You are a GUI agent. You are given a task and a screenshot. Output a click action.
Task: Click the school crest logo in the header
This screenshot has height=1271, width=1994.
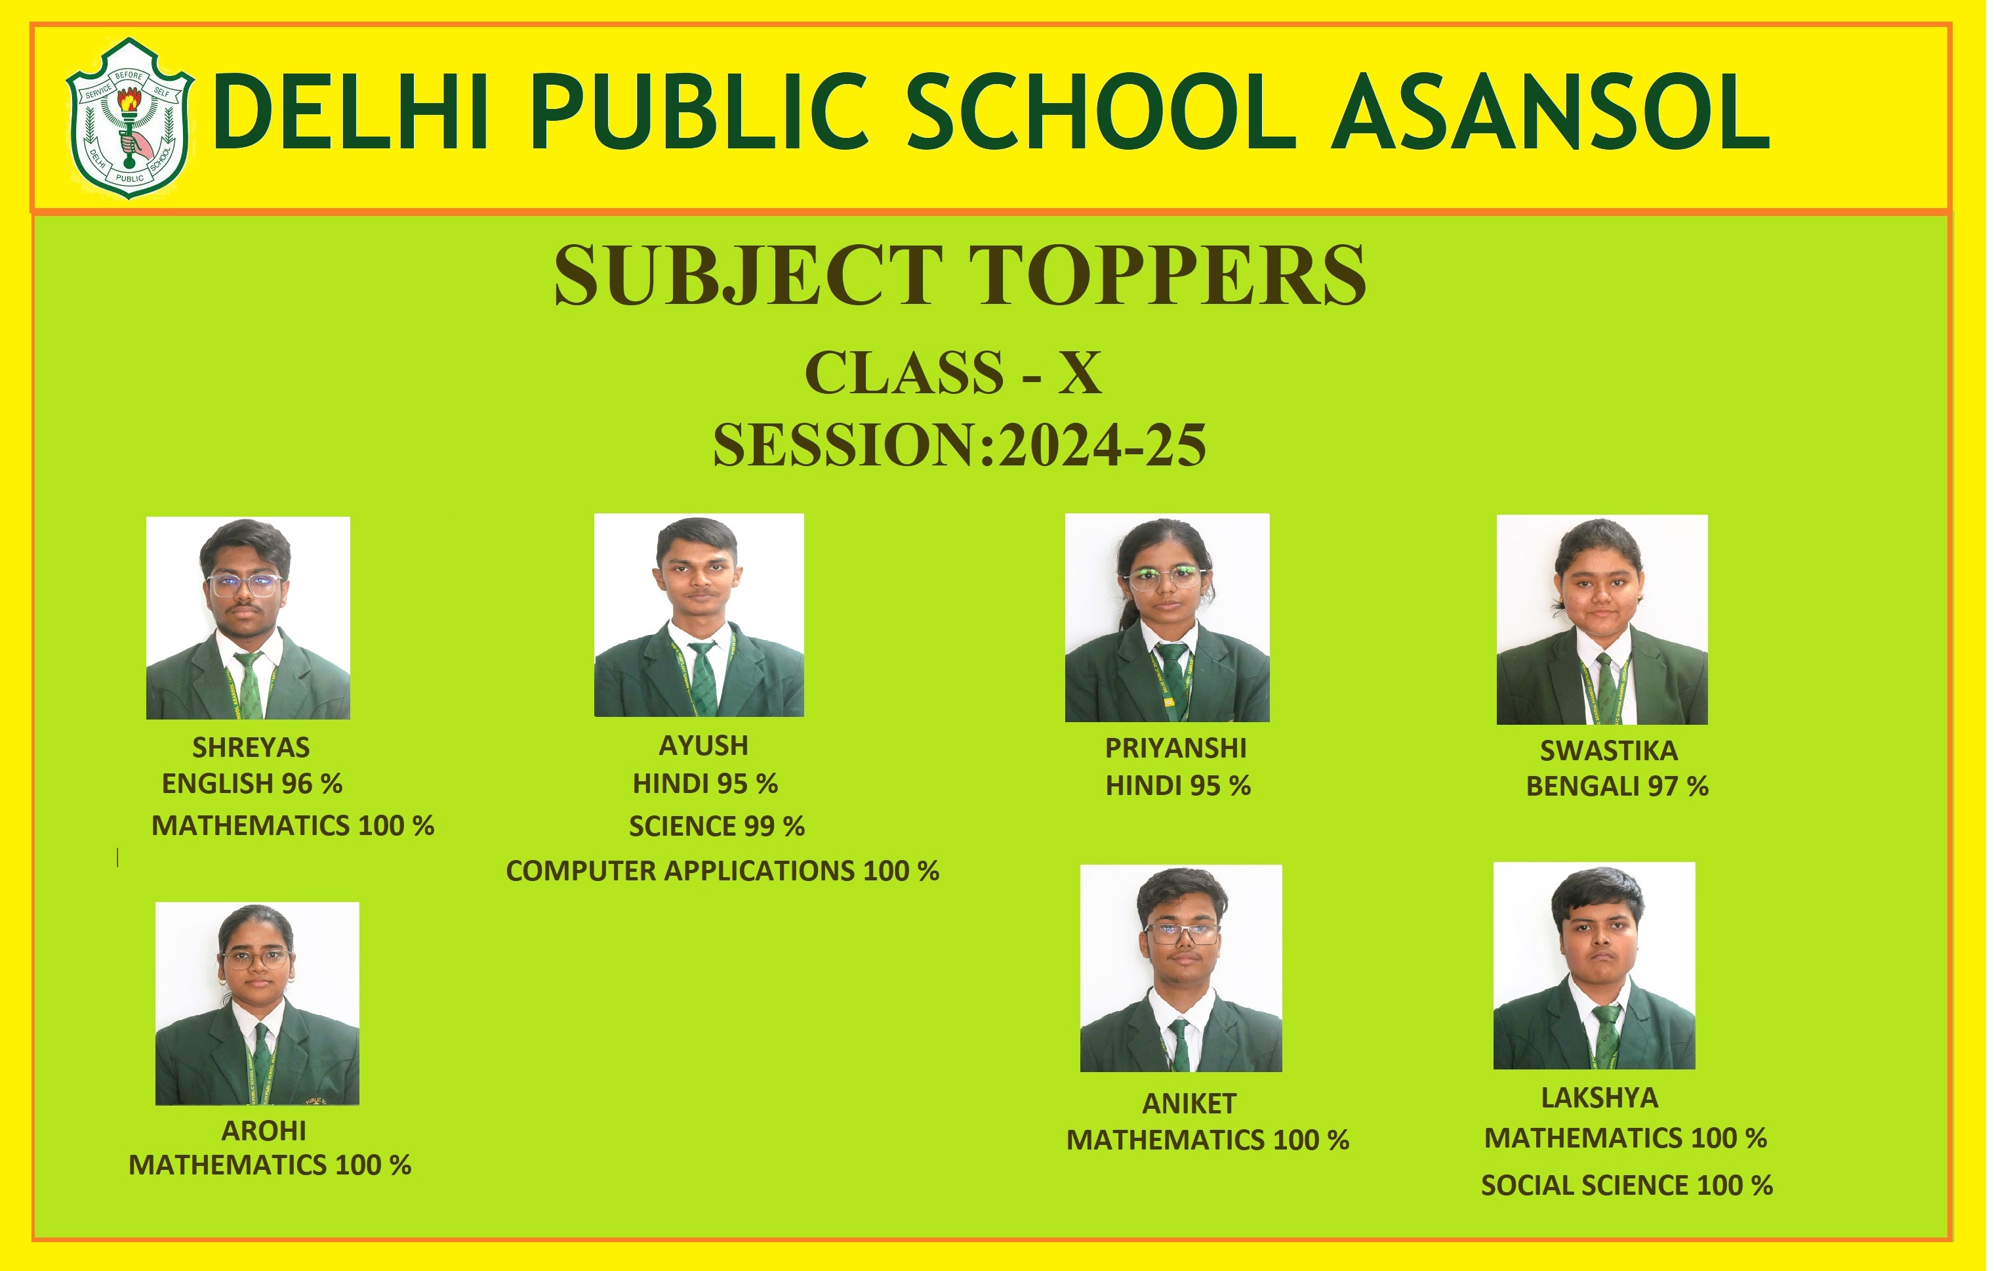click(x=130, y=118)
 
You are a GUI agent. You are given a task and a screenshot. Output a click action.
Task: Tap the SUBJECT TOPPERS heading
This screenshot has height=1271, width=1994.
click(x=960, y=275)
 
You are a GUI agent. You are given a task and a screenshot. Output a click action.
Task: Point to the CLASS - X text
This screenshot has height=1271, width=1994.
click(x=953, y=373)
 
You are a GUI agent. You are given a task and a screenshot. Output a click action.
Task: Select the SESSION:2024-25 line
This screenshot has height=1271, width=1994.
click(x=960, y=446)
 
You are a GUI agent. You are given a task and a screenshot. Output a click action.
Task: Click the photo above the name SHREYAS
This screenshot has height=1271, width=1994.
click(x=249, y=618)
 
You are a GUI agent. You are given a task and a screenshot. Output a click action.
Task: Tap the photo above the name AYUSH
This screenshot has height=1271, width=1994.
click(x=699, y=614)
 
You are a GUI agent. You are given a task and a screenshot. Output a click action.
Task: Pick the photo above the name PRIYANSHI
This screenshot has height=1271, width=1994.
click(x=1168, y=617)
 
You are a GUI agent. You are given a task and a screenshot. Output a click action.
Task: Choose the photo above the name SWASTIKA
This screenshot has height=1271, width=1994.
click(x=1602, y=620)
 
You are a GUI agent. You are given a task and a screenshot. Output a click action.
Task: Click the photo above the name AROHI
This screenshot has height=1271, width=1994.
click(x=258, y=1003)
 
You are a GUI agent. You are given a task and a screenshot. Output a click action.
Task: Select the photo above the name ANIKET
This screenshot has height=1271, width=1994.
click(x=1182, y=968)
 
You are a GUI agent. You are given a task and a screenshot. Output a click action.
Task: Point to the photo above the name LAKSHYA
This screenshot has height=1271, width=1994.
click(x=1595, y=965)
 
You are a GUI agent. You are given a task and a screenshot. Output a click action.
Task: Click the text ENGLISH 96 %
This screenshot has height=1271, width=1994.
click(x=252, y=784)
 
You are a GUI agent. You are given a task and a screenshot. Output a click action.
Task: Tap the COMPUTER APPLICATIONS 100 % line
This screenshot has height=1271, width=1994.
click(x=723, y=871)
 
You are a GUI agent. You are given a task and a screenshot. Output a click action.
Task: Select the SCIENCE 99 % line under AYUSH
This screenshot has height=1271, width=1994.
click(x=717, y=826)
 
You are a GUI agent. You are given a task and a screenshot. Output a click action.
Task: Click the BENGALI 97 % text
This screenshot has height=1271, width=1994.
click(x=1618, y=786)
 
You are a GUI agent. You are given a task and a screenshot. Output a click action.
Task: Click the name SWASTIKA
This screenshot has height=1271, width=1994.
click(x=1609, y=750)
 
